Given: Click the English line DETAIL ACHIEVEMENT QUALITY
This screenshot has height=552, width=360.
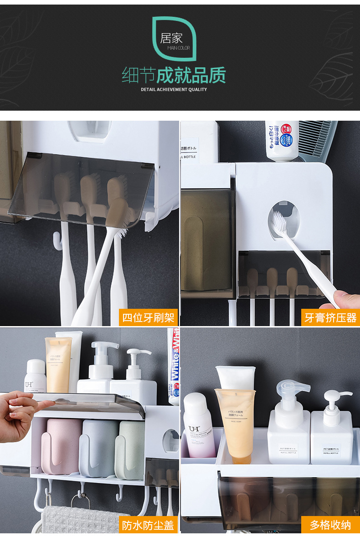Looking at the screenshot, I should (x=174, y=89).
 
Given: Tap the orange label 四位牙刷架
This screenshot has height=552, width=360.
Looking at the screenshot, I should (x=148, y=317).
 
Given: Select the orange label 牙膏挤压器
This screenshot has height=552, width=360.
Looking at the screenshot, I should (x=330, y=317).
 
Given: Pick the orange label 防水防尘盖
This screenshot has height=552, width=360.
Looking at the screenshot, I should (x=148, y=525).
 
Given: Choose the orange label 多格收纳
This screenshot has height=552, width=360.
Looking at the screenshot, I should (x=330, y=525).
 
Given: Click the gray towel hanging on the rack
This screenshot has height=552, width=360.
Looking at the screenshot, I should (x=77, y=519).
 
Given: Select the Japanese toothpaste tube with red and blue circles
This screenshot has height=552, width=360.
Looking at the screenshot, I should (x=283, y=139).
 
